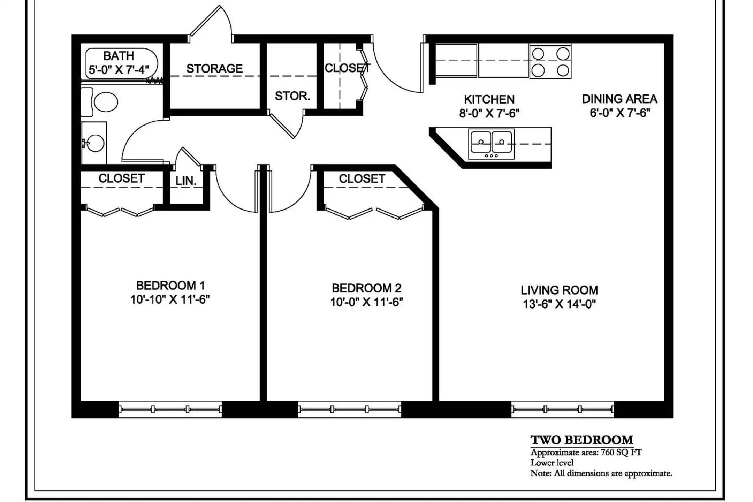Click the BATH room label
[x=119, y=56]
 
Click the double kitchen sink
[x=491, y=144]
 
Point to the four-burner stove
[x=550, y=61]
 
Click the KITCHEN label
[x=489, y=100]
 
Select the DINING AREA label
[x=619, y=99]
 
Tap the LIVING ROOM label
[x=559, y=290]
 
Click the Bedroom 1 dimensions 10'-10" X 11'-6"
[x=170, y=299]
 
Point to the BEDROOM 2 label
[x=366, y=288]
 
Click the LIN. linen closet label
[x=186, y=181]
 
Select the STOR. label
[x=292, y=96]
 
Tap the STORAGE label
[x=214, y=69]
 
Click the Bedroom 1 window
[x=170, y=409]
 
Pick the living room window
[x=562, y=409]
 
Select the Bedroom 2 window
[x=349, y=409]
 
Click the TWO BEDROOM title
[x=581, y=440]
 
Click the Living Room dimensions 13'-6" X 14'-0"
[x=559, y=304]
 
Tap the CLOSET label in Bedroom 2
[x=362, y=179]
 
